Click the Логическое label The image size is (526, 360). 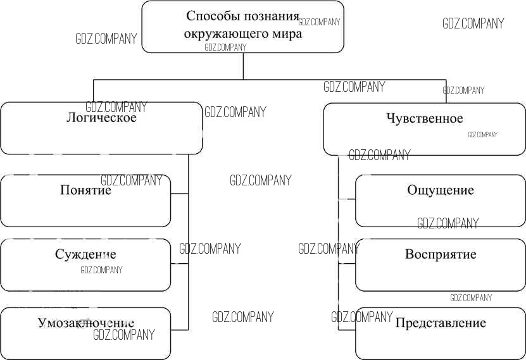(x=101, y=118)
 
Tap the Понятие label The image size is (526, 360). (x=85, y=190)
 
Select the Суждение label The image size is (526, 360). (x=85, y=255)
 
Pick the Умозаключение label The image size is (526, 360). (x=85, y=323)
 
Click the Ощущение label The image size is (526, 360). (x=441, y=190)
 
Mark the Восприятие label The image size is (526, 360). (x=441, y=255)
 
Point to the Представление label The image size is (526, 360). (x=441, y=323)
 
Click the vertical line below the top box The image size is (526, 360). (x=243, y=65)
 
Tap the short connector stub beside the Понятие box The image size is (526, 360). (x=180, y=194)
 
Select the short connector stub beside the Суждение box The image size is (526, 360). (x=180, y=262)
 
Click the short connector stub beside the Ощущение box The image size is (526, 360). (x=347, y=199)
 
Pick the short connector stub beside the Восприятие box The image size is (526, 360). (x=347, y=263)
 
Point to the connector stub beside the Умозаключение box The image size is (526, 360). (x=180, y=330)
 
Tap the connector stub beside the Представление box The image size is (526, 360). (x=347, y=330)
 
